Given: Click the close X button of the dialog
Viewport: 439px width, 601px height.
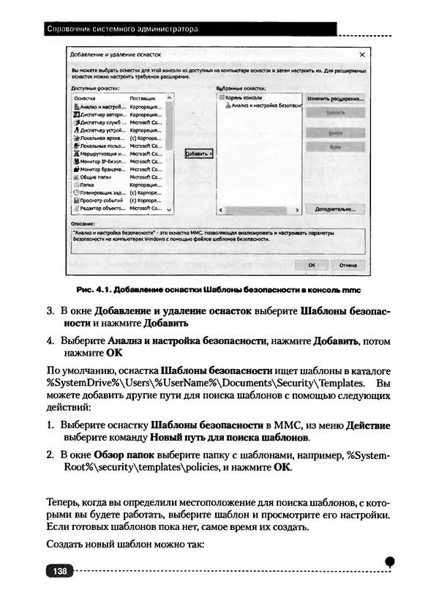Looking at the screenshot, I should click(x=362, y=55).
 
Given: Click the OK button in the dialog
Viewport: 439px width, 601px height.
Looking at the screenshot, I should click(x=312, y=265).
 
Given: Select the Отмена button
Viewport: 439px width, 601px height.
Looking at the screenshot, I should click(x=348, y=265).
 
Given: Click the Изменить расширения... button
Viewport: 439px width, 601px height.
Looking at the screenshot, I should click(x=335, y=97).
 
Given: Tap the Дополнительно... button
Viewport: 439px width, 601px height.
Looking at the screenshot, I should click(x=335, y=209).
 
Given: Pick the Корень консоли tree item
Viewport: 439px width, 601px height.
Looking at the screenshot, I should click(x=243, y=97).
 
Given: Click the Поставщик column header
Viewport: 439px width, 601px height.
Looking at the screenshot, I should click(x=142, y=97).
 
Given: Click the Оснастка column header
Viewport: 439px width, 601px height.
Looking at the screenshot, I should click(x=86, y=97).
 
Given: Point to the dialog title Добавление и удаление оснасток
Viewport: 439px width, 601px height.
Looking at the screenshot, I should click(x=114, y=55).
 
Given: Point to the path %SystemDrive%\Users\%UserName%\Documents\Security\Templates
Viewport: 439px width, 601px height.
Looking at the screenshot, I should click(x=204, y=383).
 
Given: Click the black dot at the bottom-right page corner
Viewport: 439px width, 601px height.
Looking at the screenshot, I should click(x=390, y=560).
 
